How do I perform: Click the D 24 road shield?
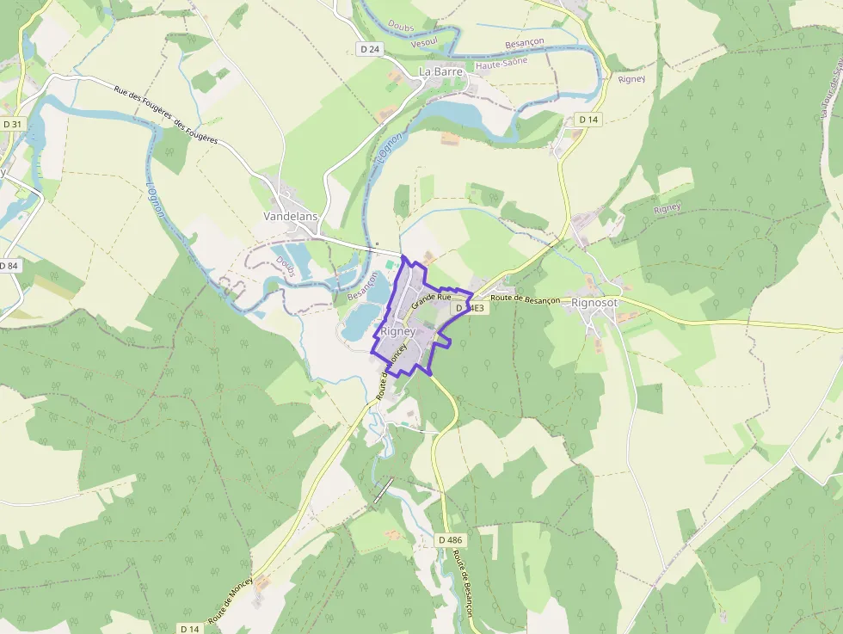[369, 49]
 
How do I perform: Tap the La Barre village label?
[440, 71]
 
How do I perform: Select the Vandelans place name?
[291, 218]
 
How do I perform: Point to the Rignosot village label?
[594, 303]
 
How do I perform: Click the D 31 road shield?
[12, 124]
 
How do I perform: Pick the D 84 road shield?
[9, 266]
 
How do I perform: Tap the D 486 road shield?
[450, 539]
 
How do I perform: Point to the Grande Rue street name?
[431, 301]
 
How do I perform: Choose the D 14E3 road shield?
[471, 307]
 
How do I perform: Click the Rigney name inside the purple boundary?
[397, 331]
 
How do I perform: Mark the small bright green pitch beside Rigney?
[390, 264]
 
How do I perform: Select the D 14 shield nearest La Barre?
[588, 119]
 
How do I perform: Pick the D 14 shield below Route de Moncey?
[190, 629]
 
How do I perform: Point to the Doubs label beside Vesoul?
[402, 27]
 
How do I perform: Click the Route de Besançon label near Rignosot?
[526, 299]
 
